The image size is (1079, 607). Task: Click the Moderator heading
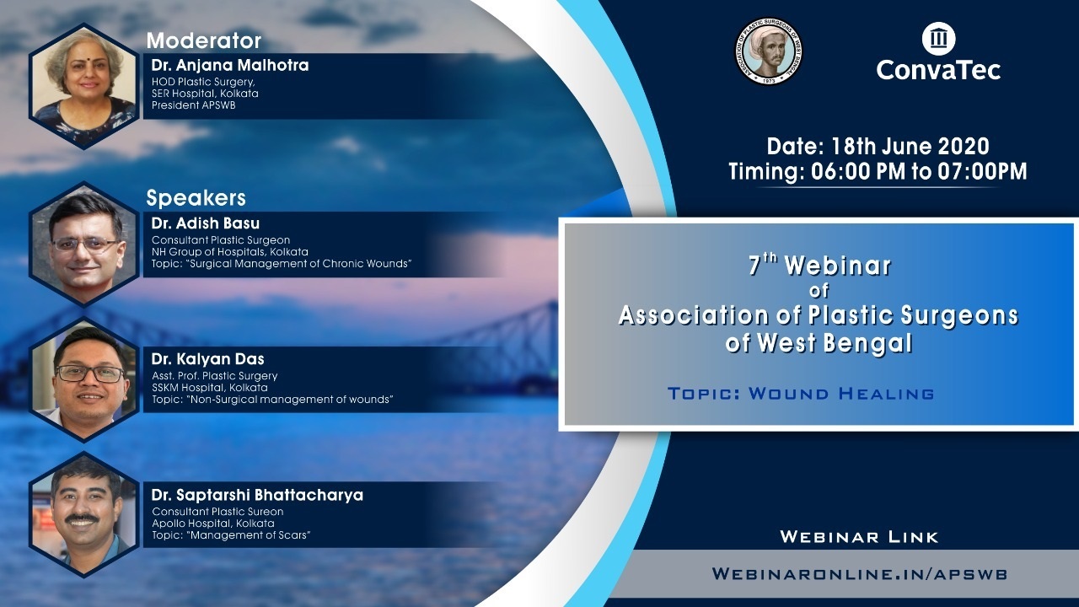[204, 41]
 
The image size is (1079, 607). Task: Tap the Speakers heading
[196, 198]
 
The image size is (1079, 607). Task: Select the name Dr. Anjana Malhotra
[230, 65]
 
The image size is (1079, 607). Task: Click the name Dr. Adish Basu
[206, 223]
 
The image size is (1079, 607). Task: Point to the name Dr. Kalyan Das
[208, 359]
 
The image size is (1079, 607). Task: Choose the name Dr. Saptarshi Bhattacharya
[257, 495]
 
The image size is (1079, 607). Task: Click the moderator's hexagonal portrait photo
[84, 86]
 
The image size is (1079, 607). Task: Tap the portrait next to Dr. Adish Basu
[84, 244]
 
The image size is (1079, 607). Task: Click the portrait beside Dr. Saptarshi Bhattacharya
[84, 515]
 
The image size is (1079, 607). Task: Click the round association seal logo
[769, 51]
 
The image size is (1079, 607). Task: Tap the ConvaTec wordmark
[938, 70]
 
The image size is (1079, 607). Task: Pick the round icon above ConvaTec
[939, 39]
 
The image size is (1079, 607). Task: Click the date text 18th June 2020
[910, 146]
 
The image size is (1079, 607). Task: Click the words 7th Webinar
[819, 265]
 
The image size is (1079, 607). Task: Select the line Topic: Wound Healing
[801, 394]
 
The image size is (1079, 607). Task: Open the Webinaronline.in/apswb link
[859, 574]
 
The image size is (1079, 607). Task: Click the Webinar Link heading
[859, 537]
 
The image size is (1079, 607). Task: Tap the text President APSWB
[194, 105]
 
